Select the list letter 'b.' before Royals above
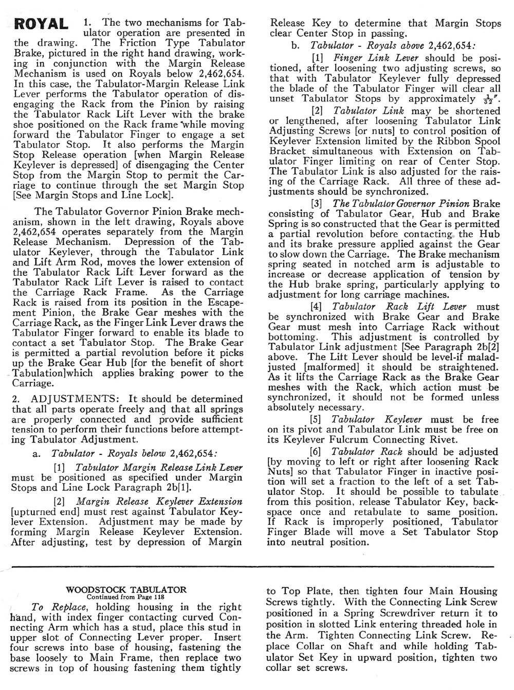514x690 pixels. tap(295, 45)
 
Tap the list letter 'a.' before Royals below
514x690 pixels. tap(36, 453)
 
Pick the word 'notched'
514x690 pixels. tap(366, 264)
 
